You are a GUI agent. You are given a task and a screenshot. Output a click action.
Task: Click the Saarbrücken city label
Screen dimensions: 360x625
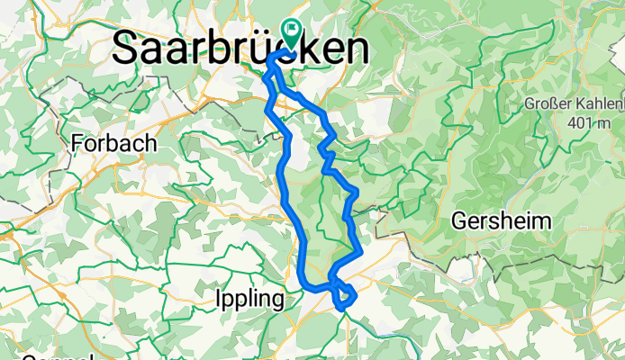(241, 49)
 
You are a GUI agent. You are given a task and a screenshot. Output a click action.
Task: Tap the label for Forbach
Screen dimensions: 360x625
(114, 144)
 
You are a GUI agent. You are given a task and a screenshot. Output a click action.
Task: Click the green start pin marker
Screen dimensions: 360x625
(293, 33)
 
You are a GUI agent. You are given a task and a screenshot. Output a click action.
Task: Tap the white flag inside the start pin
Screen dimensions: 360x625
(293, 29)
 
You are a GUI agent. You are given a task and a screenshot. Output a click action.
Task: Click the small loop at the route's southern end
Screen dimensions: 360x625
(345, 296)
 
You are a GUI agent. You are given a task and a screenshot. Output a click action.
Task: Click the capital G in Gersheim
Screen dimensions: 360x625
(458, 221)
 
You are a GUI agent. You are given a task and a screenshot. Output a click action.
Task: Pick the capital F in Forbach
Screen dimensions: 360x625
(78, 144)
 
